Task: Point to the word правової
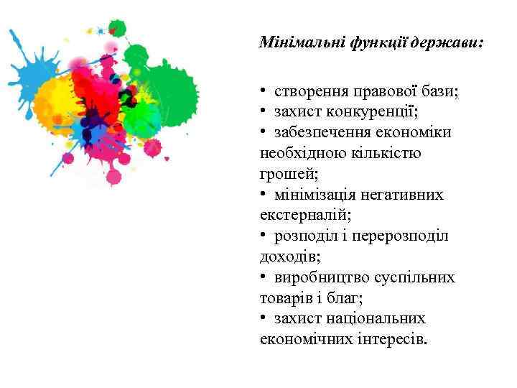tap(388, 91)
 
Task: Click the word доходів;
tap(289, 257)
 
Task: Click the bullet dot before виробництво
tap(264, 277)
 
